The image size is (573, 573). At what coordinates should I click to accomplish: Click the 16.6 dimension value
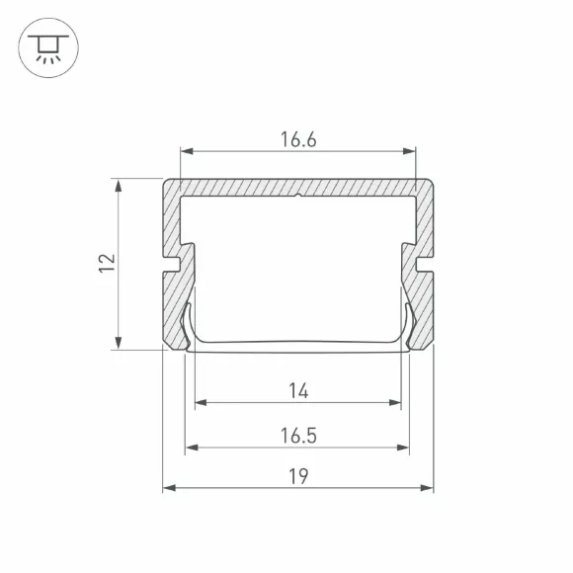(x=298, y=139)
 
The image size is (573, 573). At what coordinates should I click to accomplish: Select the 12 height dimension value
(x=107, y=263)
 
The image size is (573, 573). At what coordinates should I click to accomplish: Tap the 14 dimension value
(x=298, y=390)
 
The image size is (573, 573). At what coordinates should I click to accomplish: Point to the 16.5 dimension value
(x=298, y=436)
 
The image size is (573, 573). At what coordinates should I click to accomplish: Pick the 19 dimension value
(x=298, y=476)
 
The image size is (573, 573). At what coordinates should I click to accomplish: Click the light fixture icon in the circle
(x=48, y=48)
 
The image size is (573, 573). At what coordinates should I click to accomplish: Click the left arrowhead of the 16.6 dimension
(x=187, y=151)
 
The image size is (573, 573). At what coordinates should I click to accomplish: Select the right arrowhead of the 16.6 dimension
(x=409, y=151)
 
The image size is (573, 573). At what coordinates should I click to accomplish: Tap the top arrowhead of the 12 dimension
(x=118, y=186)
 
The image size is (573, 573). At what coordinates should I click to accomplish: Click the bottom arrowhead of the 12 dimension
(x=118, y=343)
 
